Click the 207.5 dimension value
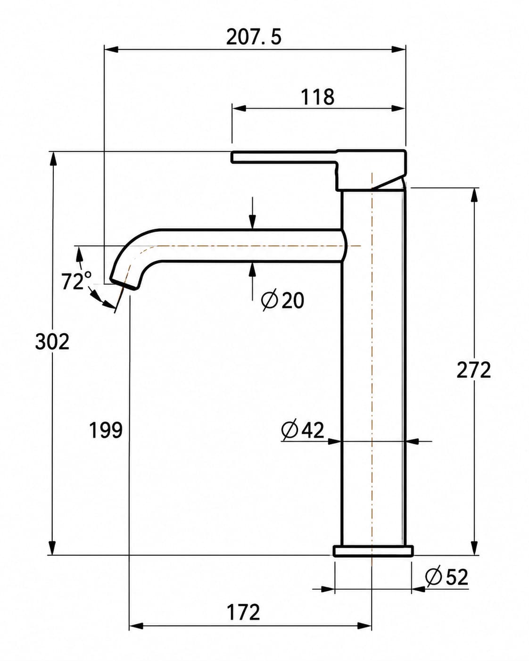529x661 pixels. [254, 37]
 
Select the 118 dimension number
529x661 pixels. [317, 97]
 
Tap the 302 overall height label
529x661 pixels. [52, 341]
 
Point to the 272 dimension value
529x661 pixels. [473, 370]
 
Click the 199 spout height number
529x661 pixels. [106, 430]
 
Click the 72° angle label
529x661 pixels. [76, 281]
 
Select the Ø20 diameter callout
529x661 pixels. [282, 300]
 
